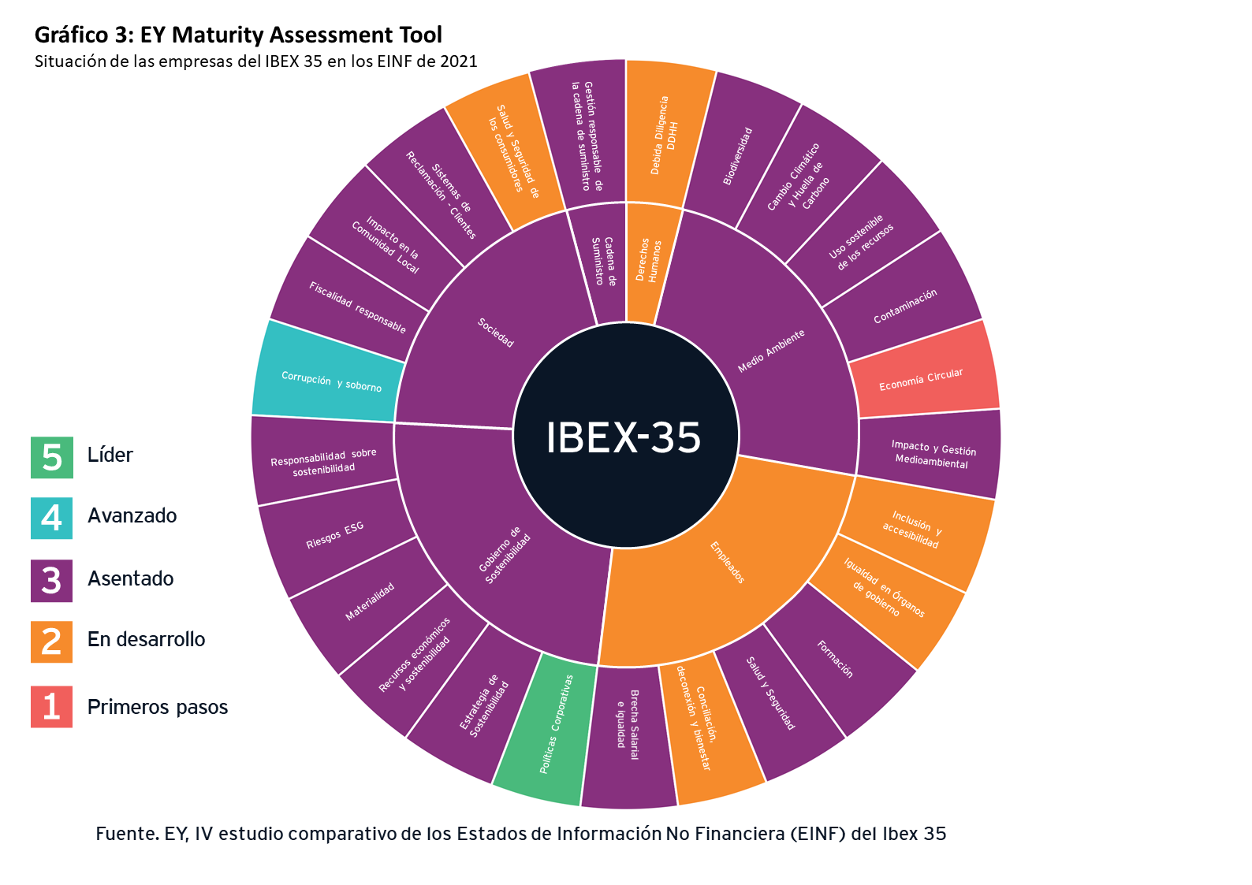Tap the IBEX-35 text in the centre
(x=623, y=437)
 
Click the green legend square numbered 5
(x=52, y=457)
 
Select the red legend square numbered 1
(x=52, y=706)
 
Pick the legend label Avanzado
(x=132, y=516)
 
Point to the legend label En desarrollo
(x=146, y=639)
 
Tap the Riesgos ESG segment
(x=335, y=536)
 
